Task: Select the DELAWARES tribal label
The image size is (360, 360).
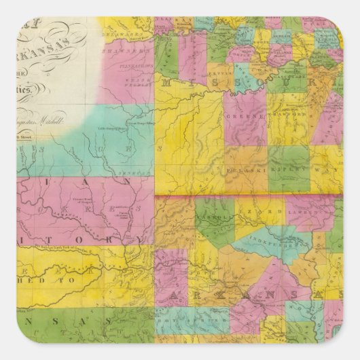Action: [128, 31]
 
